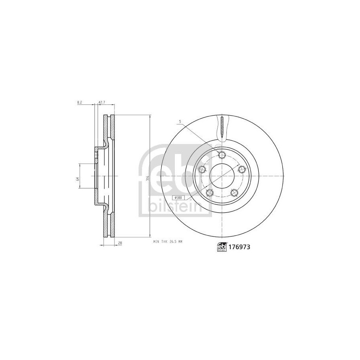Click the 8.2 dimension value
point(80,103)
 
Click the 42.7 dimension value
point(102,103)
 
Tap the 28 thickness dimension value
point(120,243)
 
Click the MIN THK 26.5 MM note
point(168,242)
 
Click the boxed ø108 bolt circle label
point(178,198)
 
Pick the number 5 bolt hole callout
point(180,121)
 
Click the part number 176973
point(239,247)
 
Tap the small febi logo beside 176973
point(222,247)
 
